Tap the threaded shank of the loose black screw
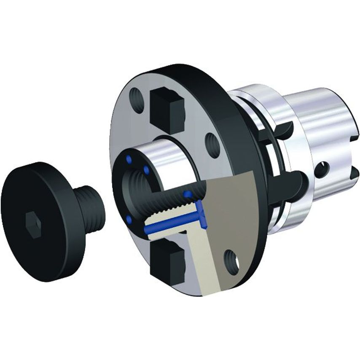click(91, 206)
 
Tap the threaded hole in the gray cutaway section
click(231, 258)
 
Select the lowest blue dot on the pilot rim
click(128, 218)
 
